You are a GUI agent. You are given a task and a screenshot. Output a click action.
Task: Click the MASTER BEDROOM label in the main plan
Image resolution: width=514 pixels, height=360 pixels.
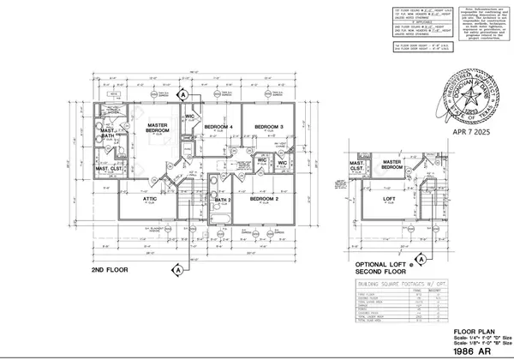157,128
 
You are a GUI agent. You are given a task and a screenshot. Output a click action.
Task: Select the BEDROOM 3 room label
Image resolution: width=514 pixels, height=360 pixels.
268,128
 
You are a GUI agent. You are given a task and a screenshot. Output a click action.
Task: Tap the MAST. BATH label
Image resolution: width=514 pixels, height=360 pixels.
109,135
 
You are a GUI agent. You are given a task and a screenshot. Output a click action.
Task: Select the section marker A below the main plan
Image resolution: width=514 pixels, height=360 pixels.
176,269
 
